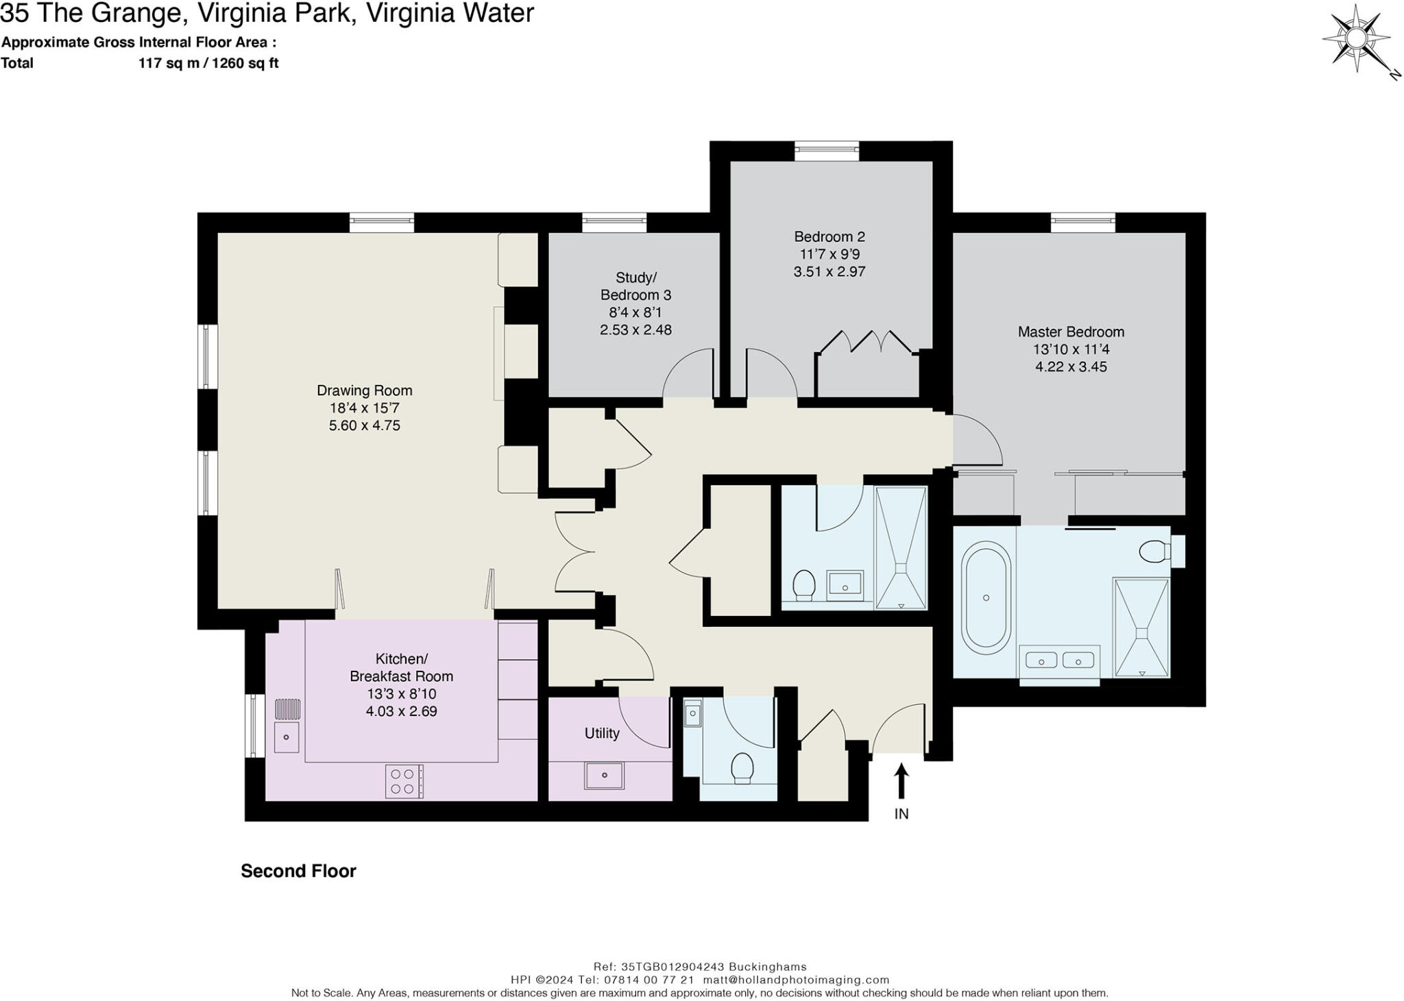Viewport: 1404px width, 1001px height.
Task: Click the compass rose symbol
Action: (x=1355, y=38)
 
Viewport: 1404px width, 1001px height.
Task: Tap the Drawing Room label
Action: (x=364, y=391)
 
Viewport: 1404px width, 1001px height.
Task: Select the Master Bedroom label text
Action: (x=1070, y=332)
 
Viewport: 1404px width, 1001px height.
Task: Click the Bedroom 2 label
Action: (x=829, y=237)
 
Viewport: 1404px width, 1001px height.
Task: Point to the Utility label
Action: (x=602, y=733)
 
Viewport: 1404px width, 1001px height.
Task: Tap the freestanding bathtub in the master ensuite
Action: (x=986, y=597)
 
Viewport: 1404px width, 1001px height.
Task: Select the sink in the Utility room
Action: (x=604, y=775)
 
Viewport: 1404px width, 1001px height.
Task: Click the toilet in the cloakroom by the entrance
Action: (x=742, y=768)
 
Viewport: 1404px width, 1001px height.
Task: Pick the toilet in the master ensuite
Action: (x=1154, y=551)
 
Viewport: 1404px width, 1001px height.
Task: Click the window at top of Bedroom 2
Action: (x=826, y=151)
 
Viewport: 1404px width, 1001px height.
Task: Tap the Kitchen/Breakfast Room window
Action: (x=255, y=726)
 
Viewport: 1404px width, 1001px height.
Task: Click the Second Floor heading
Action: (x=298, y=871)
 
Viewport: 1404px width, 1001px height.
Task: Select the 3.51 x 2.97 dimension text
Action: (x=829, y=271)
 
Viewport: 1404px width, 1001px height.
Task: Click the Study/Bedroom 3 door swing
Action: (x=688, y=373)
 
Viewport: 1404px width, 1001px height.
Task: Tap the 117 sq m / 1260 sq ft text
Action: (x=208, y=64)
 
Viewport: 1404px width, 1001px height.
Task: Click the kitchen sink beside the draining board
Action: (x=287, y=737)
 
